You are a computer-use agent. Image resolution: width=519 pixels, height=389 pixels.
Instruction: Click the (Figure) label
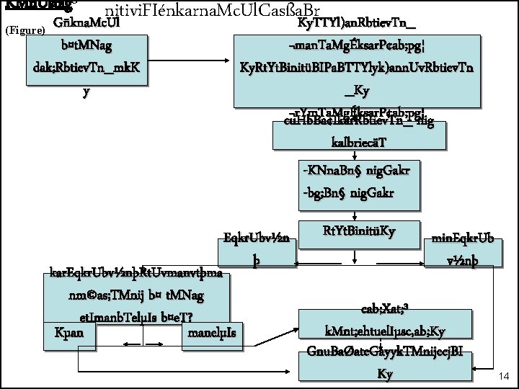[x=25, y=31]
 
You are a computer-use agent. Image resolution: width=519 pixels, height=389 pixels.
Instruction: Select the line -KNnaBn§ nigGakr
[x=358, y=171]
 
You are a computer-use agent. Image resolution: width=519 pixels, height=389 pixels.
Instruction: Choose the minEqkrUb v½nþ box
[x=463, y=249]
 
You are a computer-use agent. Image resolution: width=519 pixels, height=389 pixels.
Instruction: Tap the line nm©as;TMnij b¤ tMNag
[x=137, y=295]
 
